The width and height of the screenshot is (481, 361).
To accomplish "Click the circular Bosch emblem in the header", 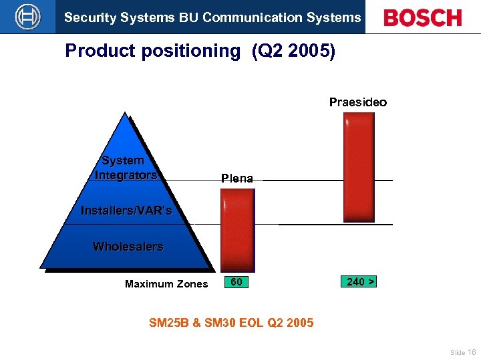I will pyautogui.click(x=27, y=17).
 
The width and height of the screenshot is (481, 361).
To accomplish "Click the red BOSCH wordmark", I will pyautogui.click(x=422, y=18).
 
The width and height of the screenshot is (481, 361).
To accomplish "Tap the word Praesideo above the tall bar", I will pyautogui.click(x=357, y=102).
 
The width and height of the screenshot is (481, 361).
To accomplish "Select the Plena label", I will pyautogui.click(x=237, y=178).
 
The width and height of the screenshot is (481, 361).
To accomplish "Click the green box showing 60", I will pyautogui.click(x=236, y=282).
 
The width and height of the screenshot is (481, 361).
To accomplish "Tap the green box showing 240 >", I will pyautogui.click(x=359, y=282).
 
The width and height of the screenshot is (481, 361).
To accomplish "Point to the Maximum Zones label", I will pyautogui.click(x=166, y=284).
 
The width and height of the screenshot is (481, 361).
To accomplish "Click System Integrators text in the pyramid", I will pyautogui.click(x=126, y=168).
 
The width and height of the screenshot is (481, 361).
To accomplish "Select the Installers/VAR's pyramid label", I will pyautogui.click(x=126, y=211).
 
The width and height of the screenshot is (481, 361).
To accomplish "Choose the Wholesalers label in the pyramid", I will pyautogui.click(x=128, y=247).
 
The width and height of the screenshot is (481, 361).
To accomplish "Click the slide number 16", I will pyautogui.click(x=472, y=352).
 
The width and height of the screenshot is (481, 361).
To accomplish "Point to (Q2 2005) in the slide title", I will pyautogui.click(x=293, y=51).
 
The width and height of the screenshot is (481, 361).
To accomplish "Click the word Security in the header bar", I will pyautogui.click(x=87, y=17).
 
